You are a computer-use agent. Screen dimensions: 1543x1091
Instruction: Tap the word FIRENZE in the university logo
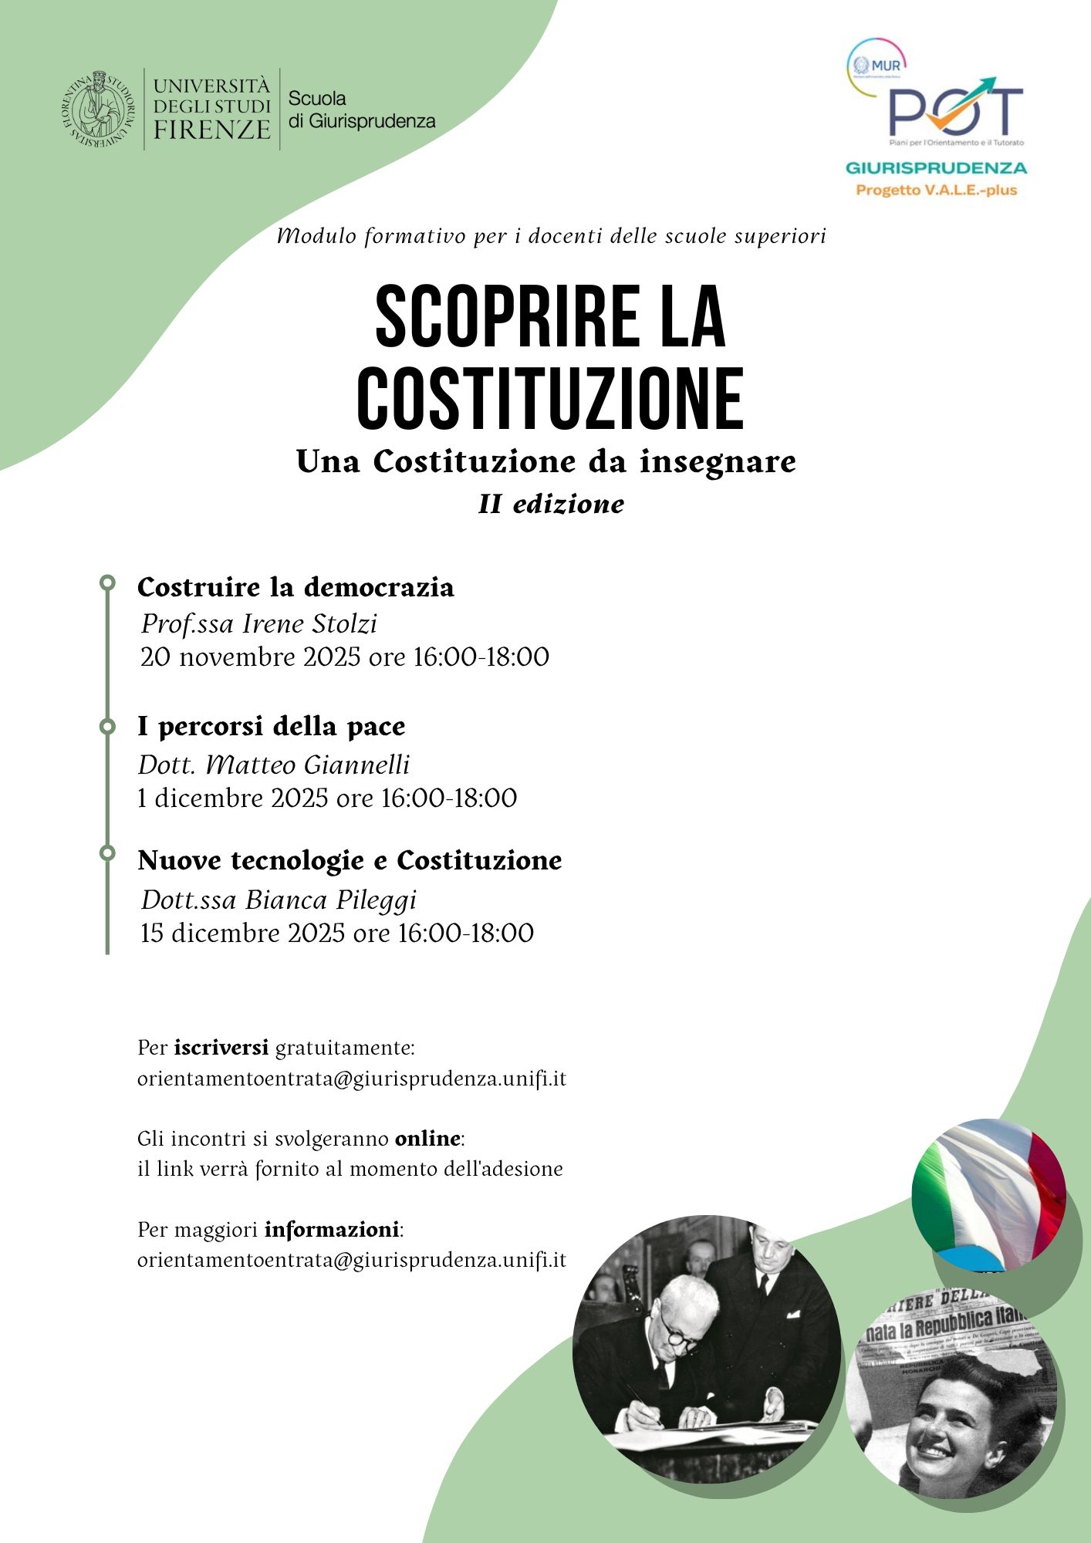click(211, 129)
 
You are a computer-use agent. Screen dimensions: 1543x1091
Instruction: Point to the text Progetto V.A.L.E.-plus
click(936, 190)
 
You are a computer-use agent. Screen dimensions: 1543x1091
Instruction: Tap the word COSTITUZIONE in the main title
click(550, 400)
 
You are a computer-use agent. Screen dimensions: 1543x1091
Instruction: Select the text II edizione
click(551, 504)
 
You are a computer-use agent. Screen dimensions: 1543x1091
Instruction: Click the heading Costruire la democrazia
click(296, 587)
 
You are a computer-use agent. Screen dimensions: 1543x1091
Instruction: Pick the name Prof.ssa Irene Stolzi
click(259, 623)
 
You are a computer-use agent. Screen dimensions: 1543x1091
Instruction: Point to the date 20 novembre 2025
click(250, 657)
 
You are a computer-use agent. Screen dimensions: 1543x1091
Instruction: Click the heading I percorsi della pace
click(271, 726)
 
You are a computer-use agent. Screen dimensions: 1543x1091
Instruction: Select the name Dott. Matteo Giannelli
click(274, 765)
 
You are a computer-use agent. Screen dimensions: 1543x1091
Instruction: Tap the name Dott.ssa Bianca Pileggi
click(279, 900)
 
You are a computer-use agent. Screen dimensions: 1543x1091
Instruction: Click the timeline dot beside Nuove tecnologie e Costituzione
click(107, 853)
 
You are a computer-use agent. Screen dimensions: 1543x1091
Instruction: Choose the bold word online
click(427, 1139)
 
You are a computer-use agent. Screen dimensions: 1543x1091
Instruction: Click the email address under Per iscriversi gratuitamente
click(352, 1079)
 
